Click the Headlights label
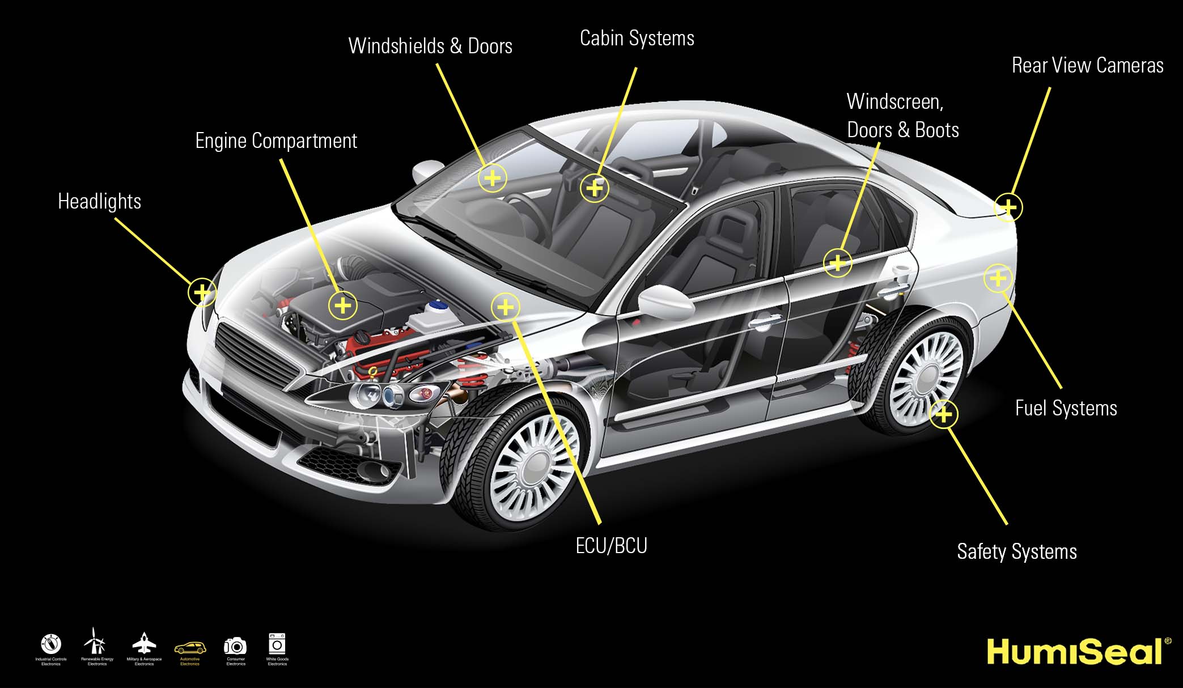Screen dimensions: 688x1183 pos(99,202)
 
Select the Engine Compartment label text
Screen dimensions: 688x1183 pos(276,141)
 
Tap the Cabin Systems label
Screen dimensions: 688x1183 pos(637,39)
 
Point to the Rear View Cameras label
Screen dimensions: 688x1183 pos(1087,66)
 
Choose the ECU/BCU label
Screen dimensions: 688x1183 pos(611,546)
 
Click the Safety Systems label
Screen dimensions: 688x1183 pos(1016,551)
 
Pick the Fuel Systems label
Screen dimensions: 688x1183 pos(1066,408)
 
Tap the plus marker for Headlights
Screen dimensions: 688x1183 pos(202,292)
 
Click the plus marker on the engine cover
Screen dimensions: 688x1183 pos(342,305)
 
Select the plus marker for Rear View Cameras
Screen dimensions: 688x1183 pos(1008,207)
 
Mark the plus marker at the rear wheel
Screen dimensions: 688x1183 pos(943,414)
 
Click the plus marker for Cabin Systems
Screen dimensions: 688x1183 pos(595,188)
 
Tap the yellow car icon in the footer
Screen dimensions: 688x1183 pos(190,647)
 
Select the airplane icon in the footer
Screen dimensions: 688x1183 pos(144,644)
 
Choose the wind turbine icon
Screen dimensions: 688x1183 pos(95,642)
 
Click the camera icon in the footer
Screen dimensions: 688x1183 pos(235,646)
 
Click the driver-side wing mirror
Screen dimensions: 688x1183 pos(666,300)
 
